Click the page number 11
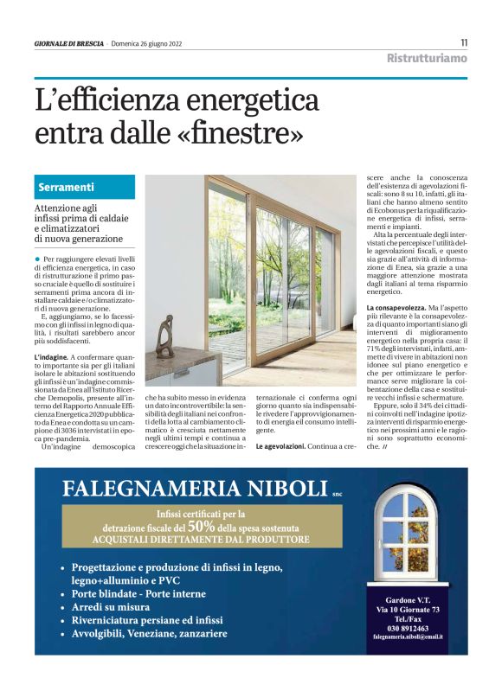click(464, 42)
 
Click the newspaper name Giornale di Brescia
click(69, 43)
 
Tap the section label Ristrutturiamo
click(427, 59)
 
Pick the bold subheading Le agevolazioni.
click(280, 446)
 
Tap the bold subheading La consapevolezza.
click(396, 307)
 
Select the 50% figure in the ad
click(201, 526)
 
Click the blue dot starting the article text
click(38, 259)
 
